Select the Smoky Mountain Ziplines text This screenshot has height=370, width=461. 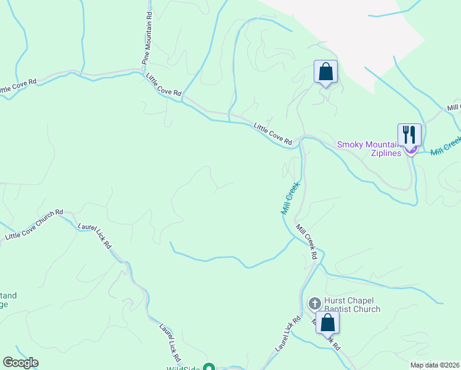coord(369,149)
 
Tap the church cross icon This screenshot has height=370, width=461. coord(314,303)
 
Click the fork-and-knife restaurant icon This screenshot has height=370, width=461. coord(409,134)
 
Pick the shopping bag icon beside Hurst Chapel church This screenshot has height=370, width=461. coord(328,322)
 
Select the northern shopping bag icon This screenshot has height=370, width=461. coord(325,72)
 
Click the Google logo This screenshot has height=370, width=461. coord(20,363)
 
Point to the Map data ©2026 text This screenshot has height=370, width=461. coord(434,364)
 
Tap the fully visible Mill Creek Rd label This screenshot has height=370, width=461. coord(307,241)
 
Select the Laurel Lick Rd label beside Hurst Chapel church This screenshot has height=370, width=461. coord(287,334)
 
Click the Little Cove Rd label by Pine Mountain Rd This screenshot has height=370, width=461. coord(163,84)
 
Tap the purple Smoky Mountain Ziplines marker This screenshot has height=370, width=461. coord(412,150)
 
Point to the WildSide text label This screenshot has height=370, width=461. coord(183,368)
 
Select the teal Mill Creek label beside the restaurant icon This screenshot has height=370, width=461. coord(446,146)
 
